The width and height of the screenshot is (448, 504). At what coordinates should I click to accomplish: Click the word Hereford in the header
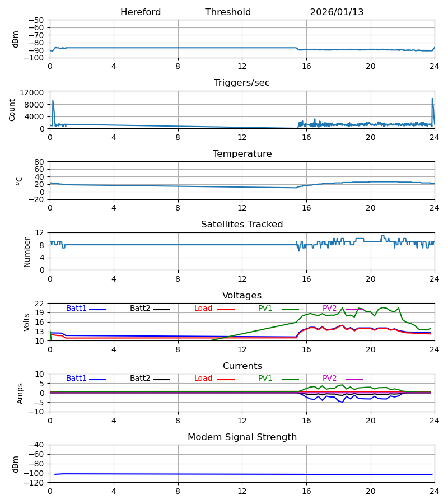[x=141, y=12]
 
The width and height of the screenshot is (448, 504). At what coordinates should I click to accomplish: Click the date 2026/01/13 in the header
[x=337, y=12]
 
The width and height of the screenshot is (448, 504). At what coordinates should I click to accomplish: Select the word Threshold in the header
[x=228, y=12]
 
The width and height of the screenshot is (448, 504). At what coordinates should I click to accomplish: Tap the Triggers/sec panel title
[x=242, y=83]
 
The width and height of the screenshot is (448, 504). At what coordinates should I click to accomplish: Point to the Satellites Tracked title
[x=242, y=225]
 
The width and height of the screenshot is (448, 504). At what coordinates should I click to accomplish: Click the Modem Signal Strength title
[x=242, y=437]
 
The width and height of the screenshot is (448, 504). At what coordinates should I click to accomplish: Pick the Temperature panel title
[x=242, y=154]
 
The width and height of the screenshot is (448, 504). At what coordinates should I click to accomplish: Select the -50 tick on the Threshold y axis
[x=38, y=20]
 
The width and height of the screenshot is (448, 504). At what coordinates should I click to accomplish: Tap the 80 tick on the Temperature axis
[x=40, y=162]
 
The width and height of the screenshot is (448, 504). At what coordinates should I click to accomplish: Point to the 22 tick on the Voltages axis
[x=40, y=304]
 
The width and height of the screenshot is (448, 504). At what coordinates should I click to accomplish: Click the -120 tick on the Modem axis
[x=35, y=483]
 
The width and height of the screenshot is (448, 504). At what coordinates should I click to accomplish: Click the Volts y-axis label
[x=27, y=322]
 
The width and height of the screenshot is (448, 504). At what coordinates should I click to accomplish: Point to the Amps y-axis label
[x=21, y=393]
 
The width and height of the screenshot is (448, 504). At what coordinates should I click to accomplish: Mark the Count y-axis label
[x=12, y=110]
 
